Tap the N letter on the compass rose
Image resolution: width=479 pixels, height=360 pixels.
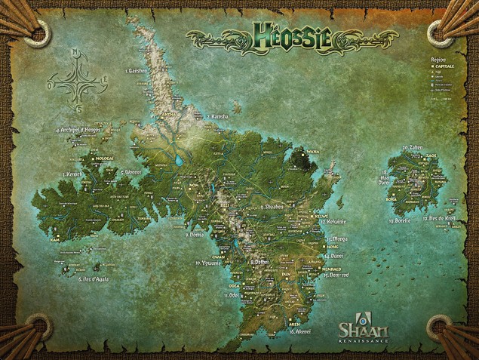75,53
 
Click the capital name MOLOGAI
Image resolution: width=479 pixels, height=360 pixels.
104,161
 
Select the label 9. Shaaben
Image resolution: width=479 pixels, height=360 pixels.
271,205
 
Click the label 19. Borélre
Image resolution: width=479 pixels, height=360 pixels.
399,220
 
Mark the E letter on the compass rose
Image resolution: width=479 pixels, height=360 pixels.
105,78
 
